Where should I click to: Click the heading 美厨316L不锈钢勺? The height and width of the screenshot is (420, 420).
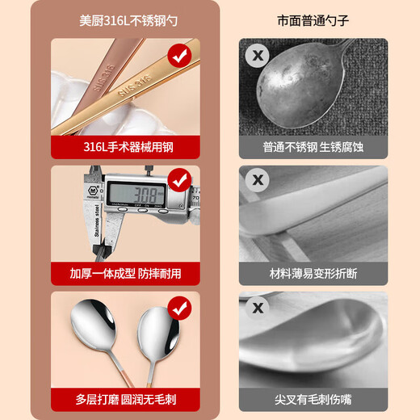[128, 21]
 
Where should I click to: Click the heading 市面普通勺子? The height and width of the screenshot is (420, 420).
[313, 21]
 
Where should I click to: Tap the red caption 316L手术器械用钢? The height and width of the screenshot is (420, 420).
[128, 147]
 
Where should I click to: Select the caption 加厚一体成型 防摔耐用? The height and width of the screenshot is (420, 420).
[125, 274]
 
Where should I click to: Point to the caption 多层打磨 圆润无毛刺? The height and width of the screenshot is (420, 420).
[126, 399]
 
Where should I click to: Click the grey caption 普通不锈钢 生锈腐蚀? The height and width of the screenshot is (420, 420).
[313, 147]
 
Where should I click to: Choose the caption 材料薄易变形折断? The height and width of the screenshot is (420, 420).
[313, 274]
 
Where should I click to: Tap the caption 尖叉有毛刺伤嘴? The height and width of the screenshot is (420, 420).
[313, 399]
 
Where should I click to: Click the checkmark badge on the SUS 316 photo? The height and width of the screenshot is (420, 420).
[179, 56]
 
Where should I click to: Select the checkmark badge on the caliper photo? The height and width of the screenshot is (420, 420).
[179, 180]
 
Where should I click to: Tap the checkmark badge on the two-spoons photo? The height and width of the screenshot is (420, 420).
[179, 309]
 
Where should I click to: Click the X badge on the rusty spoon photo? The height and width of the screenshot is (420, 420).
[258, 56]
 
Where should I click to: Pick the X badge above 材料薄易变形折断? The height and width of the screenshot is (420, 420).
[258, 180]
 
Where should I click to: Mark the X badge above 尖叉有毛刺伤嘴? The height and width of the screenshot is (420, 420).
[258, 308]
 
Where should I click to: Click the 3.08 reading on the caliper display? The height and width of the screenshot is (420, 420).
[146, 195]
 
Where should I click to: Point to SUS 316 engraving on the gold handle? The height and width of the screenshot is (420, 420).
[135, 86]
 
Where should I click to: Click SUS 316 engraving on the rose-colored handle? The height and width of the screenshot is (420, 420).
[104, 78]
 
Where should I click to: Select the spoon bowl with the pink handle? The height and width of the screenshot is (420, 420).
[93, 325]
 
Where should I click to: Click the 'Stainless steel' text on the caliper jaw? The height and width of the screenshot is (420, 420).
[97, 220]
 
